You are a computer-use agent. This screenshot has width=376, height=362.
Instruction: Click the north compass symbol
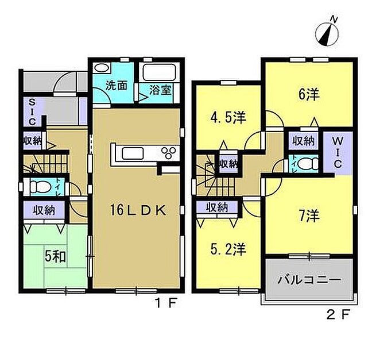click(x=327, y=32)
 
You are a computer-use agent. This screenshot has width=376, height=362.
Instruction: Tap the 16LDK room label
click(x=138, y=210)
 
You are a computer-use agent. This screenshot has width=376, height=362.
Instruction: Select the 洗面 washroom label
click(x=117, y=86)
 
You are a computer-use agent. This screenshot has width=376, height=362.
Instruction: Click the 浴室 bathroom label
click(x=160, y=90)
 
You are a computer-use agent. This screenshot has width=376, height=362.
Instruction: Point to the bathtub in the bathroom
click(x=160, y=72)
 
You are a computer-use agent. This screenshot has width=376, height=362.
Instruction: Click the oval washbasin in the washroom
click(x=102, y=68)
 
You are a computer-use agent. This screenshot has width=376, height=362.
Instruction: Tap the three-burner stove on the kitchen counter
click(x=169, y=153)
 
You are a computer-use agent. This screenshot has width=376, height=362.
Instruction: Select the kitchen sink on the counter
click(x=133, y=153)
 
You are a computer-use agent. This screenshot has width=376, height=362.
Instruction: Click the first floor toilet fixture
click(x=40, y=187)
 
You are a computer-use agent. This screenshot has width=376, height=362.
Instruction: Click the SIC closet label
click(x=32, y=113)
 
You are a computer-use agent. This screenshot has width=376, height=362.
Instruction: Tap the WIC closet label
click(x=338, y=153)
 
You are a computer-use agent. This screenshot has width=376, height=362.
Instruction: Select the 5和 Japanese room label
click(x=55, y=257)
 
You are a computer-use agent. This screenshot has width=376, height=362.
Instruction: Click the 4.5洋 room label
click(x=228, y=118)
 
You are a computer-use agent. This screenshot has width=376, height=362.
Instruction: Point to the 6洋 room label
click(x=309, y=94)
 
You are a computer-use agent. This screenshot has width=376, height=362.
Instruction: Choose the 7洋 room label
click(x=309, y=215)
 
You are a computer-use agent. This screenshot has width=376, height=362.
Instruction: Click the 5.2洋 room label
click(x=228, y=249)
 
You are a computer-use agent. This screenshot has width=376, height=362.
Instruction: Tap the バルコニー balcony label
click(x=309, y=280)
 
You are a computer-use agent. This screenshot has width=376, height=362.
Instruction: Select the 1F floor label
click(x=166, y=303)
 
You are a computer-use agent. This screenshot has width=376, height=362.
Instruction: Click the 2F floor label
click(x=338, y=315)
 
